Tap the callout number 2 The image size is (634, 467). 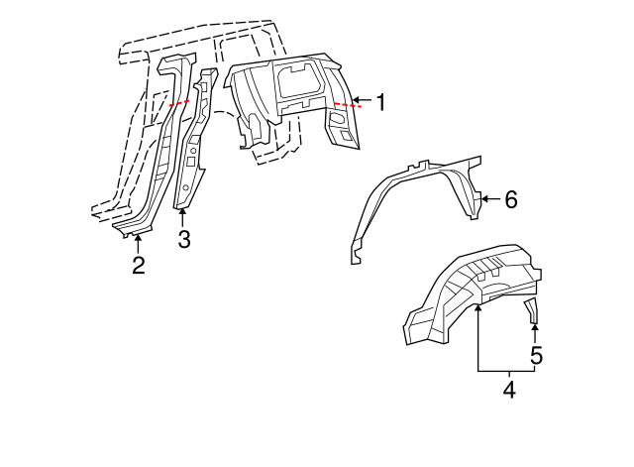[x=139, y=265]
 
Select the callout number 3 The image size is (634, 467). [x=183, y=239]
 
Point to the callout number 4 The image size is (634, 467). [x=508, y=390]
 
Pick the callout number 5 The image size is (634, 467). [x=536, y=354]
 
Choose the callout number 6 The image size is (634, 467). [x=510, y=200]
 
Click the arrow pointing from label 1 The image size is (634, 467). [x=361, y=101]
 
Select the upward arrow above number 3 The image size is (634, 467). [x=182, y=217]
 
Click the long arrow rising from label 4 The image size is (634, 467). [x=477, y=337]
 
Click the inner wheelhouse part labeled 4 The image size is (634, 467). [x=466, y=292]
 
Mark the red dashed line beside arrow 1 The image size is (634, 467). [x=342, y=103]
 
